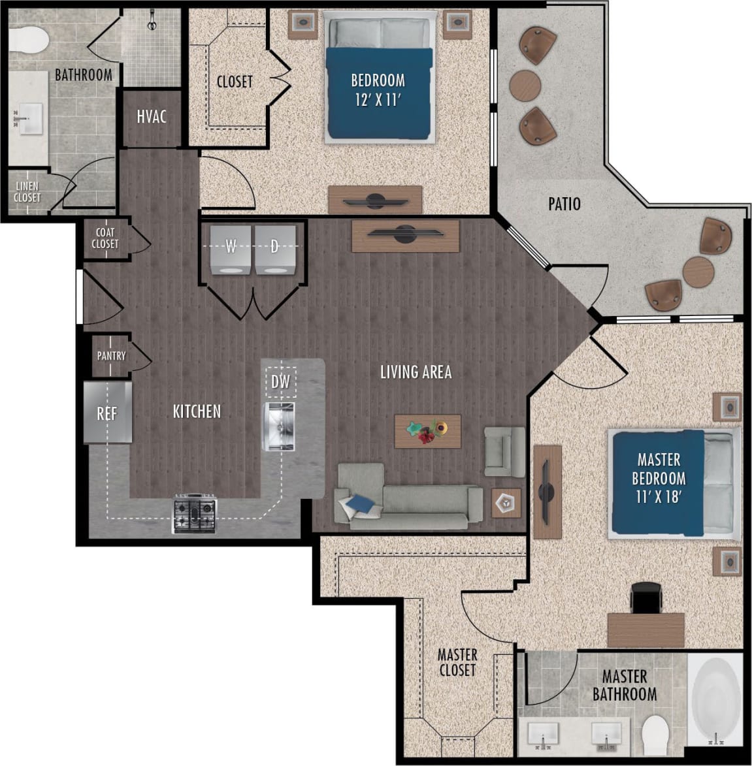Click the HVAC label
[152, 117]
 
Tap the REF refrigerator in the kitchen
[108, 413]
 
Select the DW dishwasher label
[280, 381]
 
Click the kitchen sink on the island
[280, 426]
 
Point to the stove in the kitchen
[194, 513]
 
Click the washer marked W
[230, 250]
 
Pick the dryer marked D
[275, 250]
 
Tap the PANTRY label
[111, 356]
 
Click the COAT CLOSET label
[105, 238]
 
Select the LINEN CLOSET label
[27, 192]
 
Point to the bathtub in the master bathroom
[716, 701]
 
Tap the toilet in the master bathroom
[654, 732]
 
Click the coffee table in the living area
[428, 431]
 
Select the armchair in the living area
[504, 451]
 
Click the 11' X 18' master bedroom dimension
[659, 497]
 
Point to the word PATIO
[564, 204]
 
